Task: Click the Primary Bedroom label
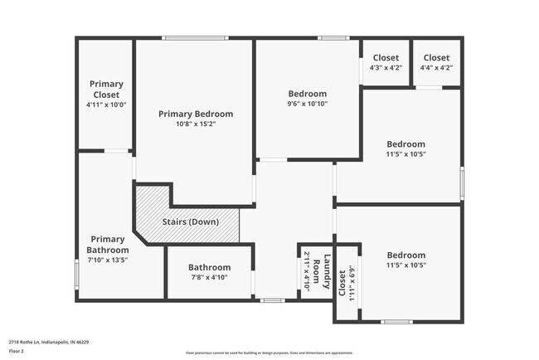(x=196, y=114)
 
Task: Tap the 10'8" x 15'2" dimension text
(x=196, y=124)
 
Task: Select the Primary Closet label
(x=106, y=89)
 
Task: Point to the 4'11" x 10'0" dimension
(x=106, y=105)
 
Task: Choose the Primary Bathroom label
(x=108, y=245)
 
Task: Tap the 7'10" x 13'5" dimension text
(x=108, y=260)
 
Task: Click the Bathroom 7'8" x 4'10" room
(x=208, y=272)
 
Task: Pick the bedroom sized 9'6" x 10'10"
(x=307, y=99)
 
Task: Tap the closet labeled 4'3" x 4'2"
(x=386, y=62)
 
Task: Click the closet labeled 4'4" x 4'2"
(x=436, y=62)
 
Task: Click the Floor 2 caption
(x=17, y=351)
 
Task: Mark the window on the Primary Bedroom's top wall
(x=195, y=38)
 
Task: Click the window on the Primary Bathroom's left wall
(x=77, y=274)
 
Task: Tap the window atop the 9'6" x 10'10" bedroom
(x=333, y=38)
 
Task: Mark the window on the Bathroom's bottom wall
(x=271, y=299)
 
